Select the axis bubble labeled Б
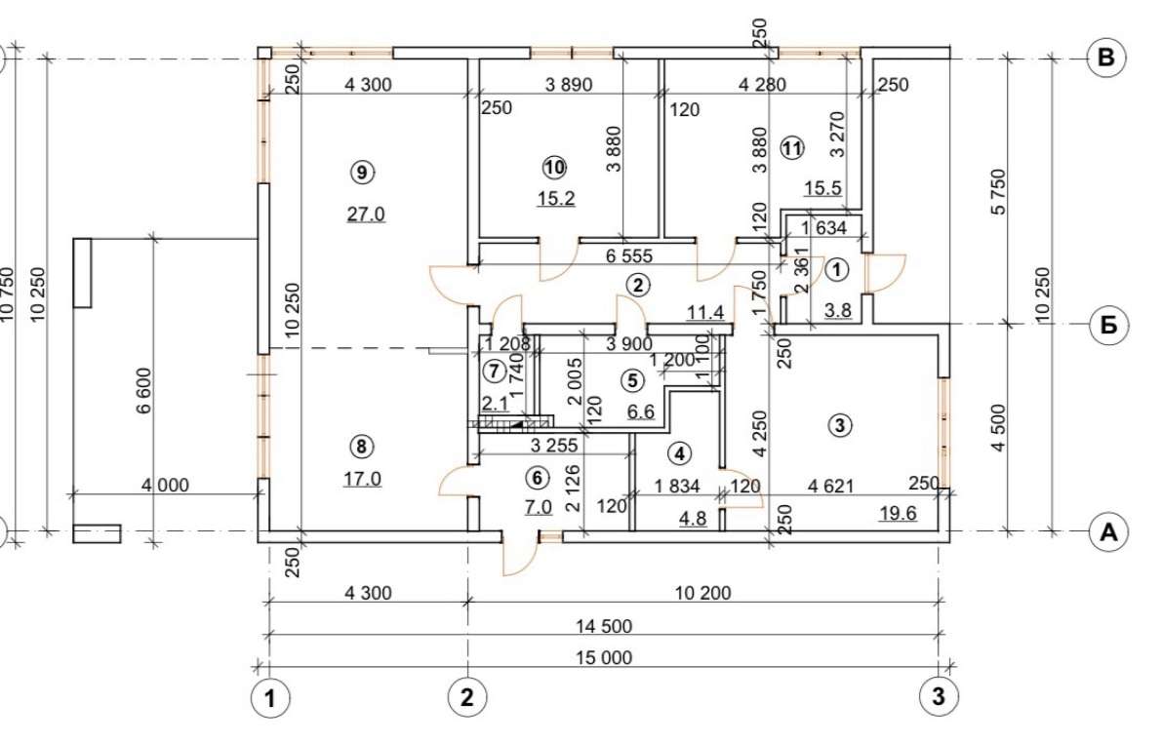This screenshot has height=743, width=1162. tap(1108, 325)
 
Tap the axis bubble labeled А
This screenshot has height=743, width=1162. tap(1108, 531)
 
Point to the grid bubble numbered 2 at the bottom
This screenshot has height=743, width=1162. tap(467, 697)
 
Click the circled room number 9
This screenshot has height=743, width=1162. tap(361, 173)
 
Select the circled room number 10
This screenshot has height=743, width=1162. tap(554, 168)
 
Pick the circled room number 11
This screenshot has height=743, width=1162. tap(792, 148)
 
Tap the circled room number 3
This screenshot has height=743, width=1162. tap(840, 425)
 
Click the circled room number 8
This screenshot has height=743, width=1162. tap(361, 446)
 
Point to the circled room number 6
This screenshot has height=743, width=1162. tap(538, 478)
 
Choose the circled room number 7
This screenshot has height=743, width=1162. tap(495, 370)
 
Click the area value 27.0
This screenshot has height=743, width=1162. tap(366, 215)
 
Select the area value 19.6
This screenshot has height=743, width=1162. tap(898, 513)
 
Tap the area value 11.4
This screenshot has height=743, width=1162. tap(705, 313)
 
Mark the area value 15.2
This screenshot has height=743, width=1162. tap(556, 199)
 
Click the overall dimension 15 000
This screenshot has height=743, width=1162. tap(604, 658)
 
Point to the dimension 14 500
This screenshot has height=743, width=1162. tap(604, 627)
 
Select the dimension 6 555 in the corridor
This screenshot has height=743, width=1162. tap(629, 256)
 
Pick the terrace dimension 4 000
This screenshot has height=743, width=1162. tap(165, 486)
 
